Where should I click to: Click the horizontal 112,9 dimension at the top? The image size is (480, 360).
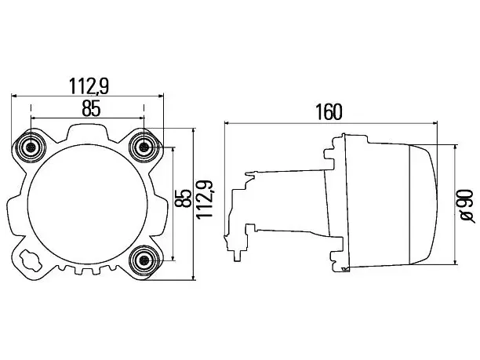[89, 86]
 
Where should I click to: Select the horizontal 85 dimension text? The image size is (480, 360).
[91, 108]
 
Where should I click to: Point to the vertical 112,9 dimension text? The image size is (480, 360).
[205, 198]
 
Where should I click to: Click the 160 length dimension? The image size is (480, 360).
[329, 112]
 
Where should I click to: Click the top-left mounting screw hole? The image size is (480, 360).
[31, 148]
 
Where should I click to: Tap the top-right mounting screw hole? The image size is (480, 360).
[144, 148]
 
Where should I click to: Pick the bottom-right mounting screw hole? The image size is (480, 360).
[144, 260]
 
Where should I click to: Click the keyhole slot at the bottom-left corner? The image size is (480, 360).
[30, 260]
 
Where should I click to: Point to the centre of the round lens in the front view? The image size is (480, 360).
[88, 204]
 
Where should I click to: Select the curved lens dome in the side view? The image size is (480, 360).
[424, 205]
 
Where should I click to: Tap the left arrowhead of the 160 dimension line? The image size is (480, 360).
[227, 123]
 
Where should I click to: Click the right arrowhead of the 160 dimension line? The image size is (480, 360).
[434, 123]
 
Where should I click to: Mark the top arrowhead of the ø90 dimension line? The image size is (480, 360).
[456, 148]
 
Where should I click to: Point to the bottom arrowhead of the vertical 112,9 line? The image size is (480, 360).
[193, 276]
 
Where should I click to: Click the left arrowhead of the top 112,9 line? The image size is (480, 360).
[15, 96]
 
